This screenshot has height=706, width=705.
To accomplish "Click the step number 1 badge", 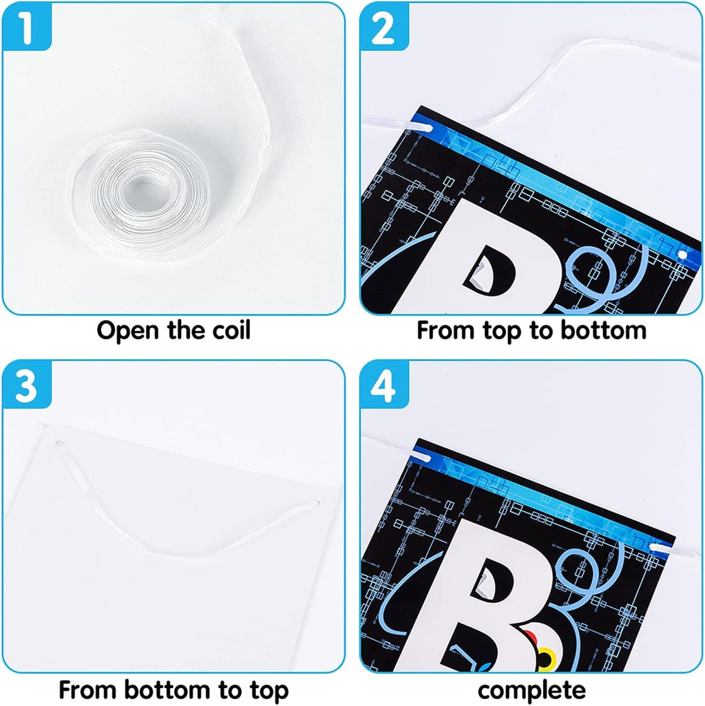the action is (x=27, y=26).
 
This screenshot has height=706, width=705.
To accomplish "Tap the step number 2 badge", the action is (x=383, y=26).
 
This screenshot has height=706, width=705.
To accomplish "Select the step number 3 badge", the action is (x=27, y=385).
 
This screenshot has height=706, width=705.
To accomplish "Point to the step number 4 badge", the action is (x=383, y=385).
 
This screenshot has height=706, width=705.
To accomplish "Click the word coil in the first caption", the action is (x=231, y=330).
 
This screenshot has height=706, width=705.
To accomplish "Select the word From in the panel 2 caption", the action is (x=445, y=330).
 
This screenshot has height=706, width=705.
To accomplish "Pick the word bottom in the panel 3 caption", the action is (x=167, y=689).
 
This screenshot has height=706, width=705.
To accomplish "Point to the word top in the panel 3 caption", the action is (x=265, y=691).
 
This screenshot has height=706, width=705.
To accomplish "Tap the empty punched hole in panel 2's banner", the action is (x=682, y=255).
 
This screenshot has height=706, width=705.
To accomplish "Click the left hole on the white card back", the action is (x=59, y=444).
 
